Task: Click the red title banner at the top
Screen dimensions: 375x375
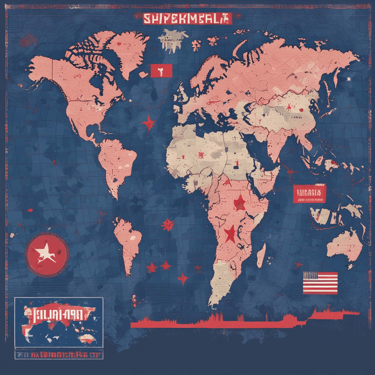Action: point(187,19)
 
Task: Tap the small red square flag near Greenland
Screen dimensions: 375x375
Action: point(161,71)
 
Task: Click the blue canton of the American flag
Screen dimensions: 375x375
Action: point(310,276)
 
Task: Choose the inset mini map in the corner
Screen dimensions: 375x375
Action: point(59,322)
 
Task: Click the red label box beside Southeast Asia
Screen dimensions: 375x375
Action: point(309,193)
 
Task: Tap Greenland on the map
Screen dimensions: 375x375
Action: point(129,53)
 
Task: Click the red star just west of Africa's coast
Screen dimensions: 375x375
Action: point(168,224)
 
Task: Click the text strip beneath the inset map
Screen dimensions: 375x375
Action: point(59,355)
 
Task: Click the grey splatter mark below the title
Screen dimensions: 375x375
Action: point(171,40)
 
